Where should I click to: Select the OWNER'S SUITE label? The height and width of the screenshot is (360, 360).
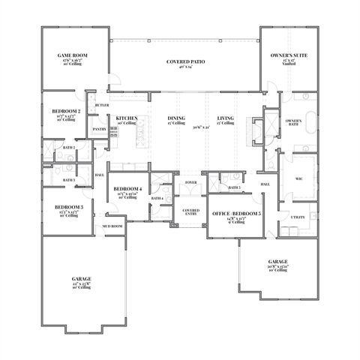(289, 55)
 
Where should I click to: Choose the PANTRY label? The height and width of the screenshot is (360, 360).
(99, 129)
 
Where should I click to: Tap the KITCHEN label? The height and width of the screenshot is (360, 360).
(124, 118)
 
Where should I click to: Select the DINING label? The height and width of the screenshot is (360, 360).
(176, 118)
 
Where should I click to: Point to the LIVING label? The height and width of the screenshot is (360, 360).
(226, 118)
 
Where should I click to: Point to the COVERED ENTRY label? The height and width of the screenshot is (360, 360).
(191, 211)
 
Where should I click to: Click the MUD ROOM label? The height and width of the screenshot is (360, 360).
(112, 226)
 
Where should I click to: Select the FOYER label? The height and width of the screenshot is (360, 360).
(190, 181)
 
